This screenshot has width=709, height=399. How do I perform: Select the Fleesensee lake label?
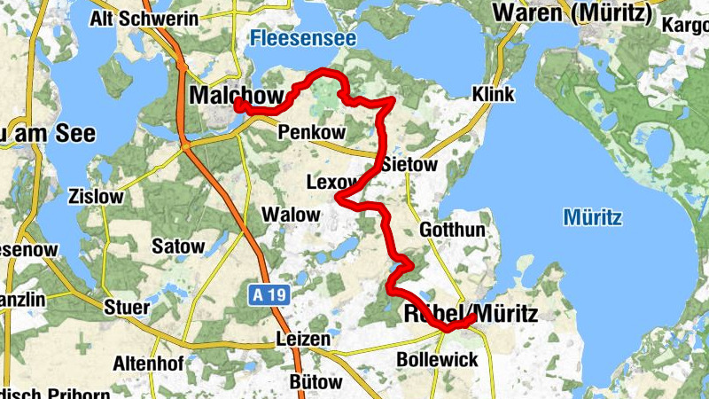point(302,38)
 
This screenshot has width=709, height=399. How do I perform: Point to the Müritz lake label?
point(593,217)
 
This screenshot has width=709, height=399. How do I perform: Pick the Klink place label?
point(494,94)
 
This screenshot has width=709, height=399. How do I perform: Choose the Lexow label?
point(330,183)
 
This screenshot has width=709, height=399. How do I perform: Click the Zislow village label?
point(95,197)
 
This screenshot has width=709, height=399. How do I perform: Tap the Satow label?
point(178,246)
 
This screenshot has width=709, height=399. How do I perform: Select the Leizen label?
point(302,339)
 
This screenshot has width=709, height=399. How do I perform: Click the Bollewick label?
point(437,360)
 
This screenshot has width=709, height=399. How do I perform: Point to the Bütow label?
point(316,382)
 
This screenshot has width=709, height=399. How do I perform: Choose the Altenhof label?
point(146,363)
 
